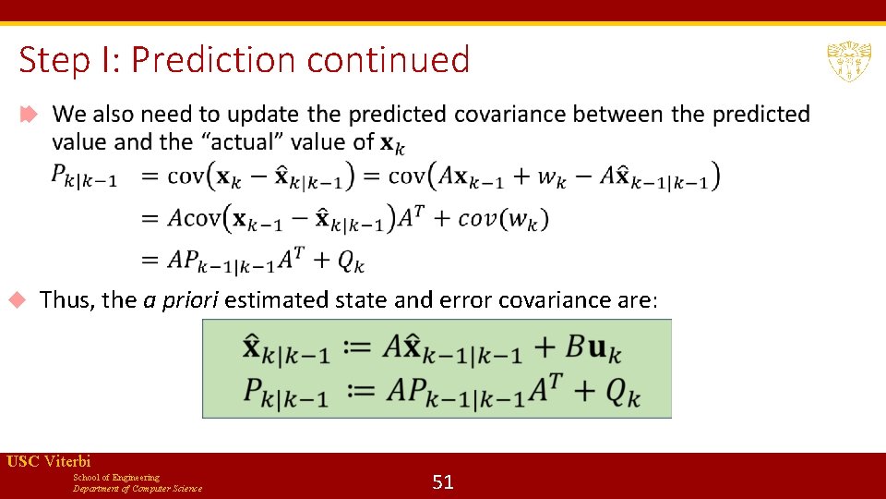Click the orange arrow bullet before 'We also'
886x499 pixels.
tap(29, 115)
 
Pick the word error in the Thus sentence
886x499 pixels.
tap(466, 300)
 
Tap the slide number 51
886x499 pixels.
tap(443, 481)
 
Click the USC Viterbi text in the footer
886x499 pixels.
tap(49, 461)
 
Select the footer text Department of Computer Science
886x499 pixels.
tap(138, 488)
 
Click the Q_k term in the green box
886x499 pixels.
tap(623, 394)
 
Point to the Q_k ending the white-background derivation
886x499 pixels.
tap(351, 262)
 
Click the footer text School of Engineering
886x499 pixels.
tap(116, 477)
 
